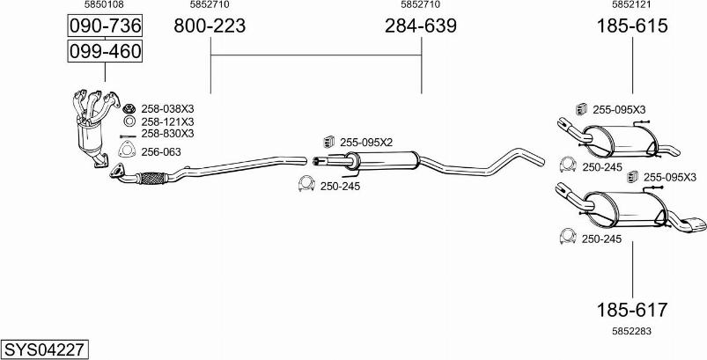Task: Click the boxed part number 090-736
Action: [105, 26]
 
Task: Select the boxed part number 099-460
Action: [105, 51]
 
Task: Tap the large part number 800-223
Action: [210, 26]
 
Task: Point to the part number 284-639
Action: [421, 26]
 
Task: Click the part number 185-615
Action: [632, 26]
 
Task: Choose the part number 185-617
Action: [631, 310]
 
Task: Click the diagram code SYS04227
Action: [44, 349]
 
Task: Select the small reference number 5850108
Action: [104, 4]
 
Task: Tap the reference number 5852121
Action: [631, 4]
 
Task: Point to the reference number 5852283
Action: [631, 331]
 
